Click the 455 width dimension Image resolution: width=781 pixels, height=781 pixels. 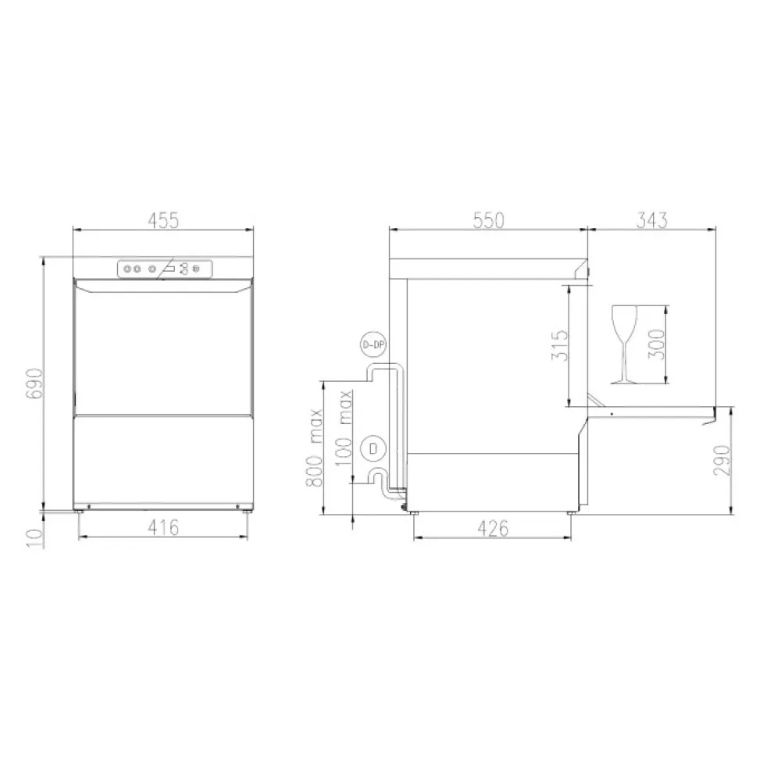(164, 221)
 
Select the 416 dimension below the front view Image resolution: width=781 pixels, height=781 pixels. (165, 527)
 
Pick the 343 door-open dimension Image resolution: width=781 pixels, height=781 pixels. (651, 221)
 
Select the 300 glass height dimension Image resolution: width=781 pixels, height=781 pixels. (656, 344)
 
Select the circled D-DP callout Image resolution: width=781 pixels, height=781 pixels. (373, 344)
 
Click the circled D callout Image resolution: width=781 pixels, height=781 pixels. (373, 448)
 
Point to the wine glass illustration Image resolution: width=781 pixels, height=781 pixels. (625, 344)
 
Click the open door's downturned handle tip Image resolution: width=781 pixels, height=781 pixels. (709, 421)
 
